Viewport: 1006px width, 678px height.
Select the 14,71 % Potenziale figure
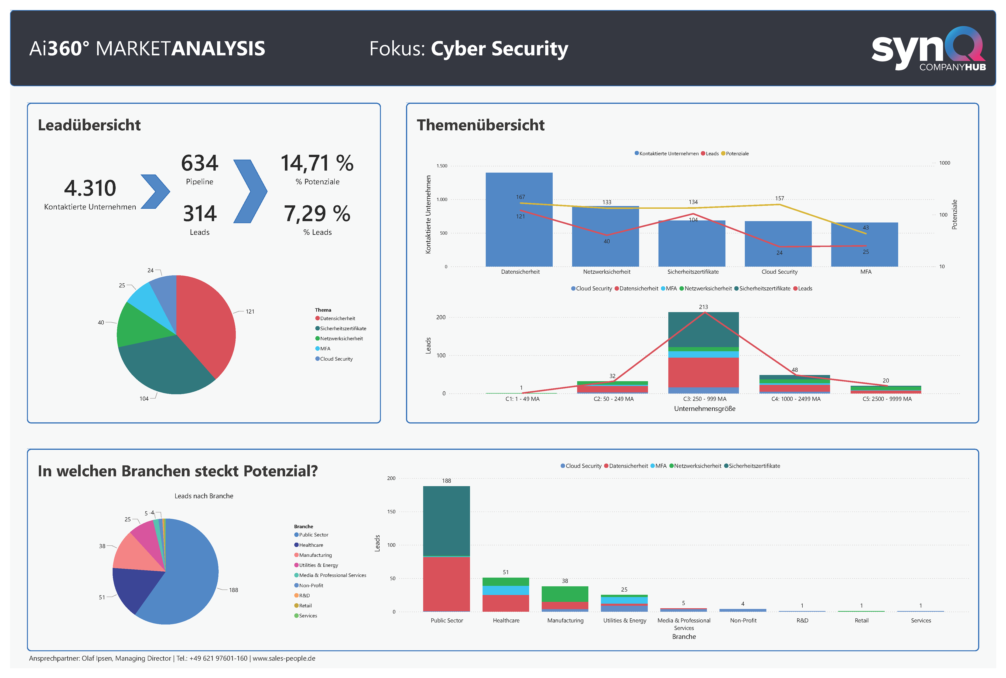(317, 164)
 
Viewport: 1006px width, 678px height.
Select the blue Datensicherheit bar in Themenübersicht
(519, 233)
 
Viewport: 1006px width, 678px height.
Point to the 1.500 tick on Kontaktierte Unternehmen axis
(442, 166)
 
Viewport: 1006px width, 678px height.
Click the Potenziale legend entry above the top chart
(737, 154)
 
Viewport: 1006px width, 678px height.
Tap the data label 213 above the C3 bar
(703, 307)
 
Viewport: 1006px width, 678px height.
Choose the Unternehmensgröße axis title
(704, 409)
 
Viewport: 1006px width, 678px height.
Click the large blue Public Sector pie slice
(190, 584)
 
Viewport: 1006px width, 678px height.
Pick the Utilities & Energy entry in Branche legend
(318, 565)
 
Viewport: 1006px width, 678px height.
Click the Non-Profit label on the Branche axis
(743, 621)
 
